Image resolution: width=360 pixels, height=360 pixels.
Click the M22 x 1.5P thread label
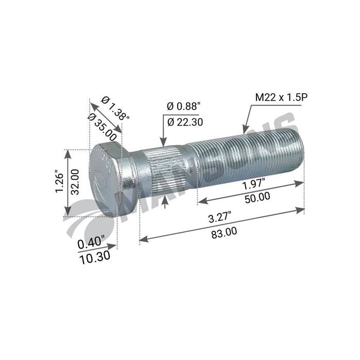pyautogui.click(x=282, y=97)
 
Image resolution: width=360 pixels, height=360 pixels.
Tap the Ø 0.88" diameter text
pyautogui.click(x=184, y=106)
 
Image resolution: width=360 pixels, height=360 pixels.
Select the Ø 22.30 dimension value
pyautogui.click(x=185, y=122)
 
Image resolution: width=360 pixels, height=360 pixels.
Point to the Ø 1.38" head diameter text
pyautogui.click(x=115, y=108)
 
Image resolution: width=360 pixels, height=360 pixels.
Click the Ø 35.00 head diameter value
pyautogui.click(x=102, y=127)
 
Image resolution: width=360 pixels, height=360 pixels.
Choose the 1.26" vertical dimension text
pyautogui.click(x=59, y=181)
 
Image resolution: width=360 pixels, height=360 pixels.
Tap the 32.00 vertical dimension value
pyautogui.click(x=75, y=182)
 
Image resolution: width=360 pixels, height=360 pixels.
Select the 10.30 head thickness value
pyautogui.click(x=95, y=258)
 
